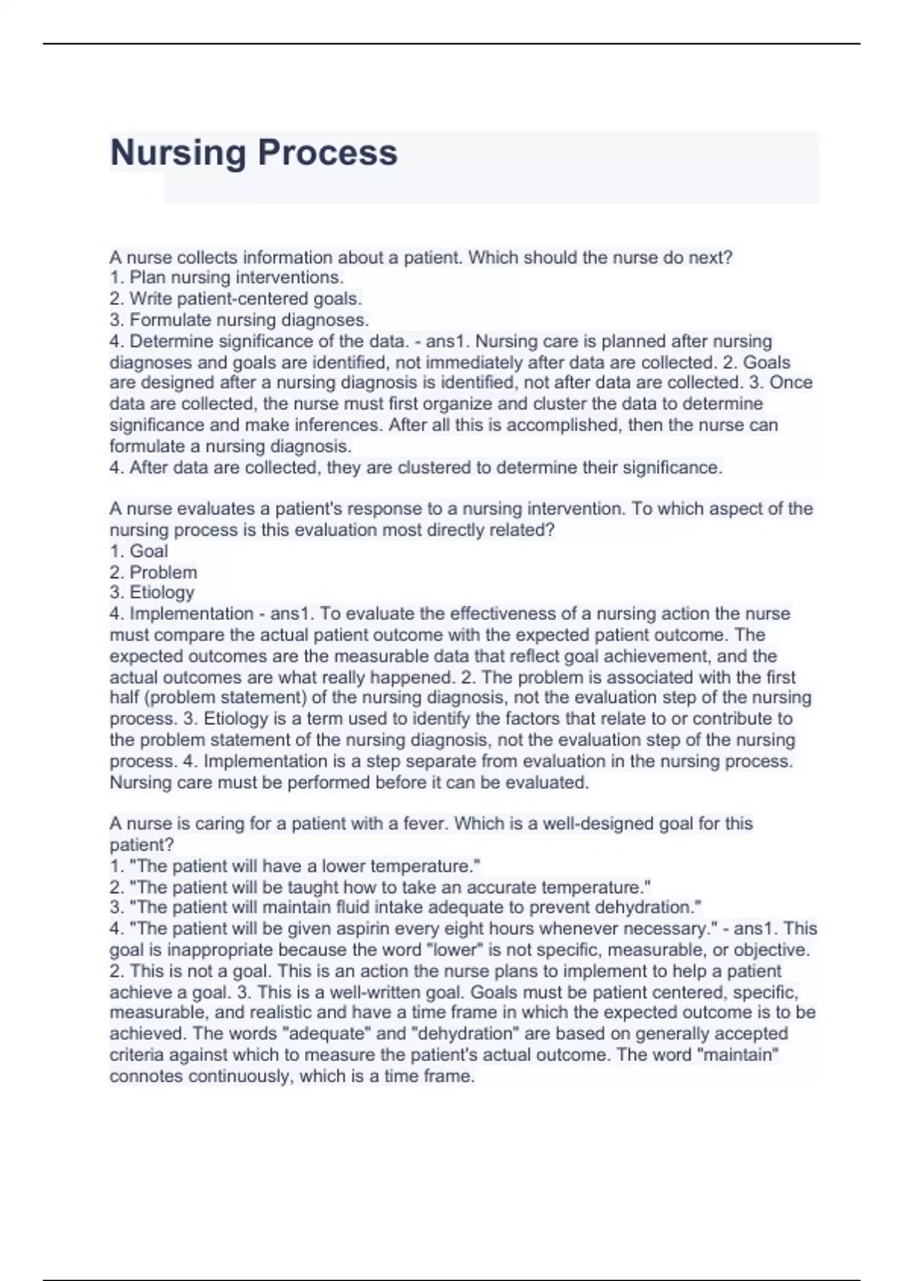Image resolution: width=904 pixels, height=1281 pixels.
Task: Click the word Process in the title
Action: tap(327, 153)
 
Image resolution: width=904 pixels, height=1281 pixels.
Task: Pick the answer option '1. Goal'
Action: tap(139, 552)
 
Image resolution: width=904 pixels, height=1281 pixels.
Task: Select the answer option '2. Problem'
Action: tap(154, 573)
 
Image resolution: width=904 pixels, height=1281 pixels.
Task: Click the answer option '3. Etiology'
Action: tap(152, 593)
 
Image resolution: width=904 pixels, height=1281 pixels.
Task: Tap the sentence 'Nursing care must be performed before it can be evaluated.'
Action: tap(349, 783)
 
